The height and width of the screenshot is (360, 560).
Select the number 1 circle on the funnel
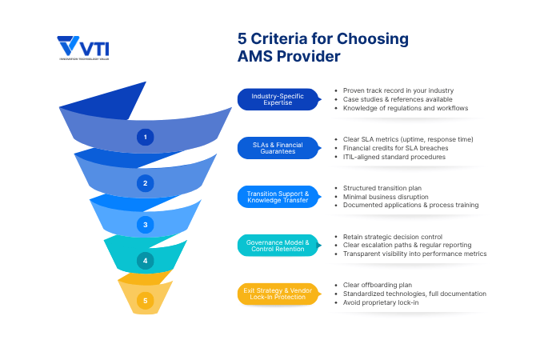click(145, 137)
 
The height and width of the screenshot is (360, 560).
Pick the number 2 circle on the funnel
click(145, 182)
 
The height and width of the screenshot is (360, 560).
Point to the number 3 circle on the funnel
click(145, 224)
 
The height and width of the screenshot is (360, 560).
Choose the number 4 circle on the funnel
click(145, 260)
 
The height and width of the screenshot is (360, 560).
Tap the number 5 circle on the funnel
click(145, 301)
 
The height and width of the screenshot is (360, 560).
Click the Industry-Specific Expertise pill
click(278, 99)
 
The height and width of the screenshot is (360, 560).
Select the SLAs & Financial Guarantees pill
click(278, 148)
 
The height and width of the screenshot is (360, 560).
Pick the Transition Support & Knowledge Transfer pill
click(278, 197)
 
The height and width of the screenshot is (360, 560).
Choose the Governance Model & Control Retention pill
click(278, 246)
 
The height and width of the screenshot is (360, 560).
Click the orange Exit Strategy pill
click(278, 294)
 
